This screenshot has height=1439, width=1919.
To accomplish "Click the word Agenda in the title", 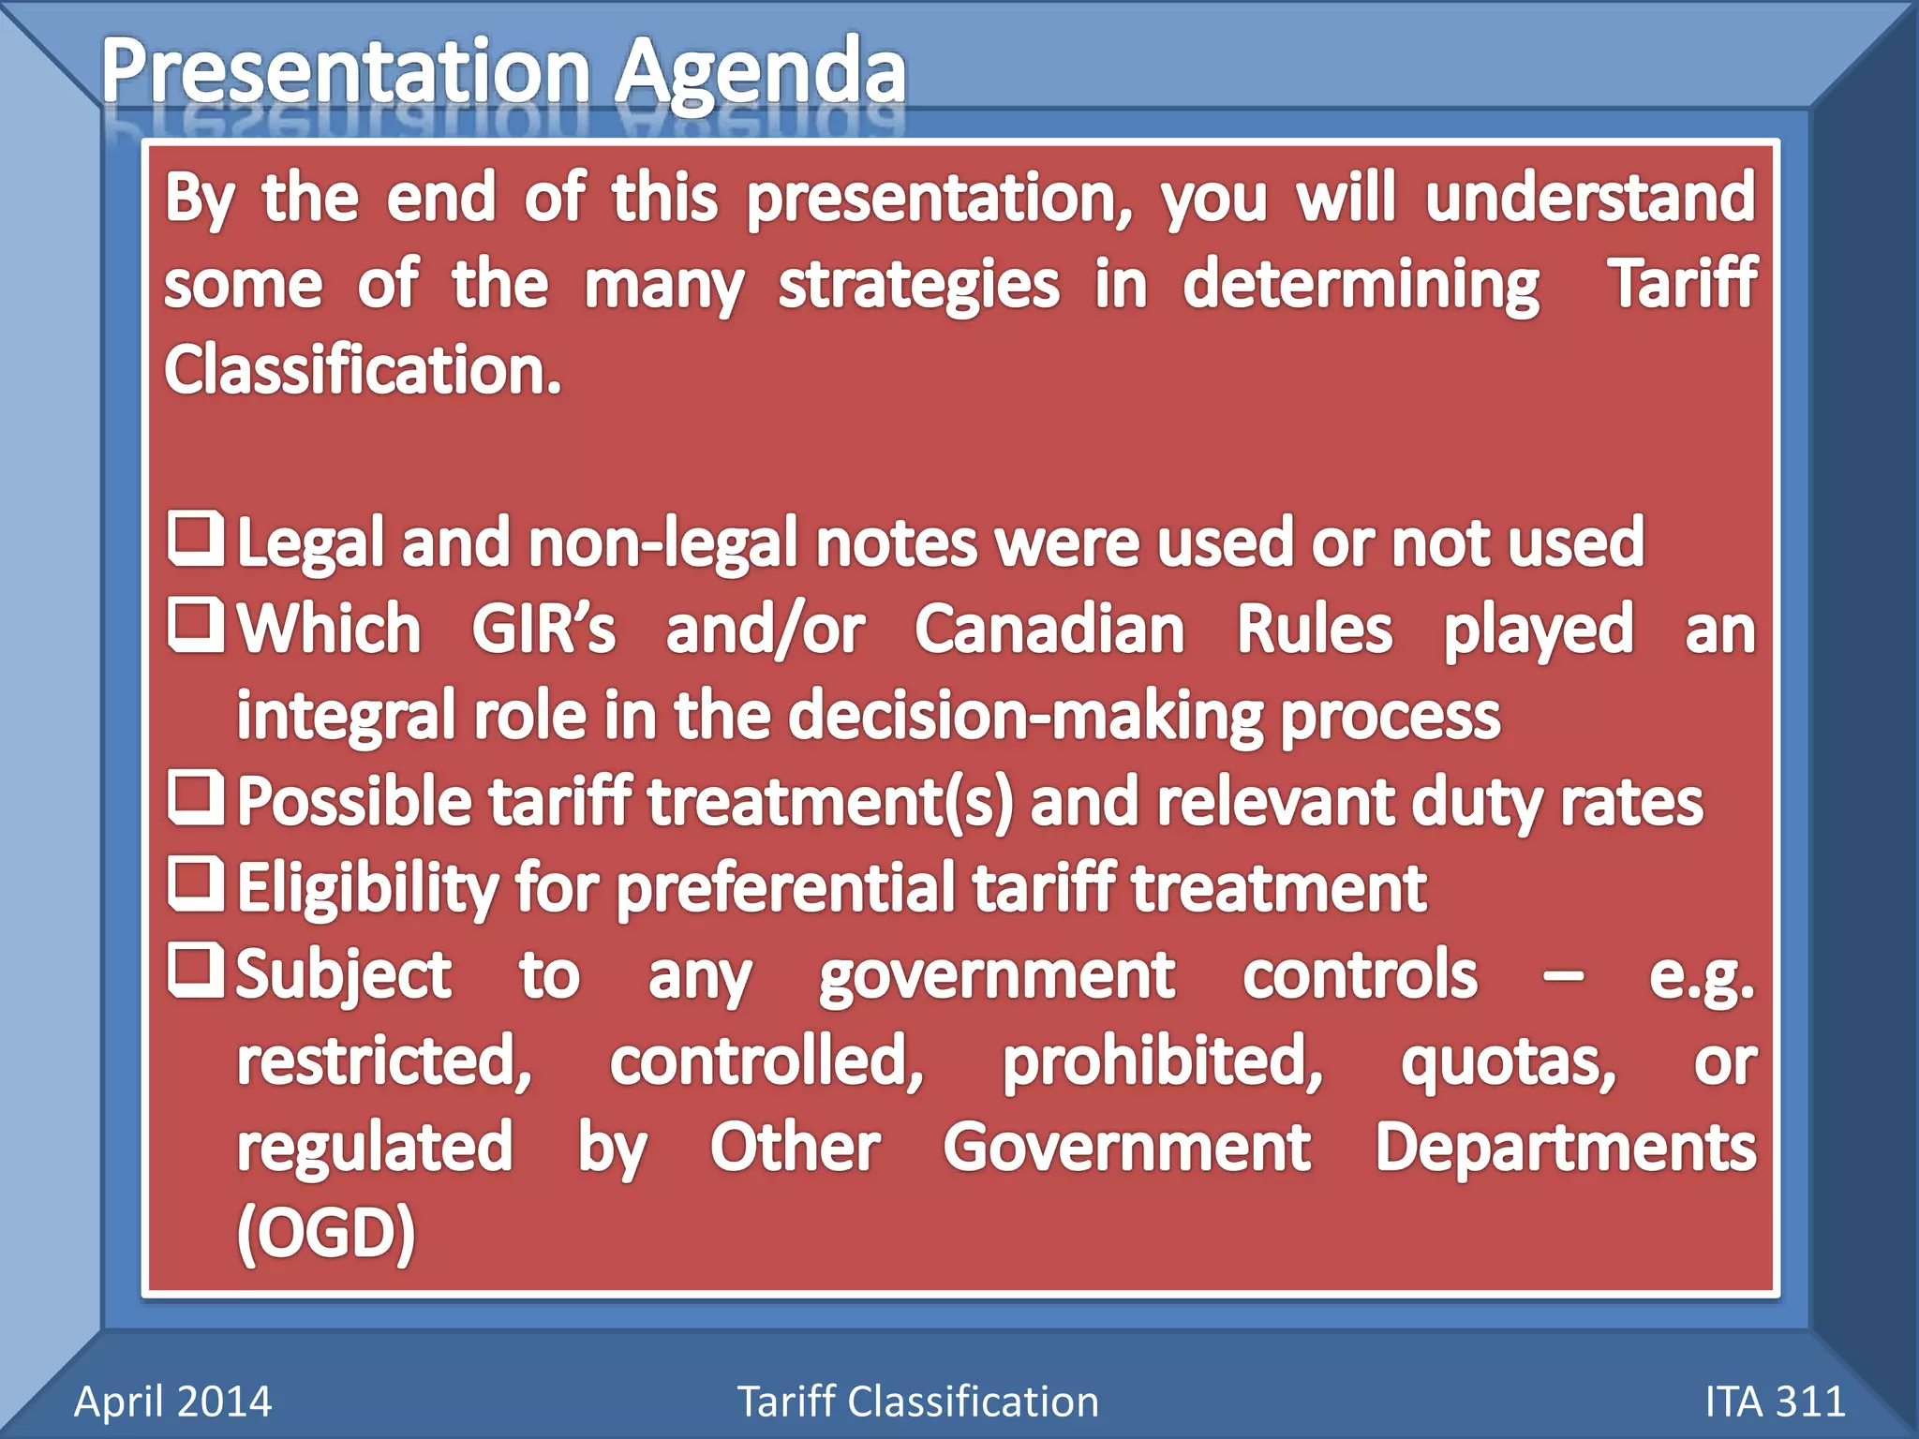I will [x=760, y=73].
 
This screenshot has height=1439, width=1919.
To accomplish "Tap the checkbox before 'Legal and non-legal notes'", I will [x=196, y=539].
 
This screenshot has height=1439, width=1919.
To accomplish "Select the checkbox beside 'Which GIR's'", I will [x=196, y=625].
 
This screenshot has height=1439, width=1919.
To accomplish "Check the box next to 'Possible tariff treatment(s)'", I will [x=196, y=797].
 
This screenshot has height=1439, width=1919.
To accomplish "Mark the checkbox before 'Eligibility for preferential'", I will [x=196, y=883].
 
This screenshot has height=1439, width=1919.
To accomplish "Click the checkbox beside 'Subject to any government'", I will [x=196, y=970].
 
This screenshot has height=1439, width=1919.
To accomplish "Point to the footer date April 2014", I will [x=172, y=1402].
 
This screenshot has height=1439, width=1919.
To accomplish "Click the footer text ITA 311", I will [x=1775, y=1402].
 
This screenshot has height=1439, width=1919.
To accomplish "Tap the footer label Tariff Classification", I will [x=917, y=1402].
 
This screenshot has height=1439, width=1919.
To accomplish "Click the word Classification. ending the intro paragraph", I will [x=363, y=369].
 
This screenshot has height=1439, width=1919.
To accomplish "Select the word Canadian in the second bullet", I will [x=1049, y=629].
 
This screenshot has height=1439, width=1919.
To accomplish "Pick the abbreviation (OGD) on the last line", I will [x=325, y=1232].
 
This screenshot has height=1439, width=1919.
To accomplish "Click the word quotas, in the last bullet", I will [x=1508, y=1061].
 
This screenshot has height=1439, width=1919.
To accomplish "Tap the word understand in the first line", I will [x=1590, y=198].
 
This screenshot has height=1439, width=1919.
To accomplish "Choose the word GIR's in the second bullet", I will [x=543, y=629].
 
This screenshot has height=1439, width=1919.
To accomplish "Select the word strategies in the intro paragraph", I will [x=918, y=284].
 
